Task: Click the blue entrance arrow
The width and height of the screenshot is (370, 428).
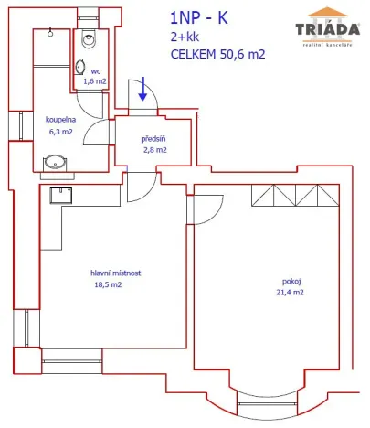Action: pyautogui.click(x=143, y=90)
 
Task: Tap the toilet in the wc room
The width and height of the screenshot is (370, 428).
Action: pyautogui.click(x=89, y=38)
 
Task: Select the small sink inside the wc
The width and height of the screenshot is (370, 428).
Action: pyautogui.click(x=80, y=67)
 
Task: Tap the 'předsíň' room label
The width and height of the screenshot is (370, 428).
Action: pyautogui.click(x=153, y=139)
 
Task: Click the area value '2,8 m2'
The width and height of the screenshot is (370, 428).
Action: pyautogui.click(x=153, y=150)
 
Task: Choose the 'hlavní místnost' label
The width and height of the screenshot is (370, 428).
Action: pyautogui.click(x=115, y=273)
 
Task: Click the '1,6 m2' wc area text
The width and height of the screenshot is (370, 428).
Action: pyautogui.click(x=95, y=80)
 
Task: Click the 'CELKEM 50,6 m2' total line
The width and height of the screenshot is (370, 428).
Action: pyautogui.click(x=217, y=54)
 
